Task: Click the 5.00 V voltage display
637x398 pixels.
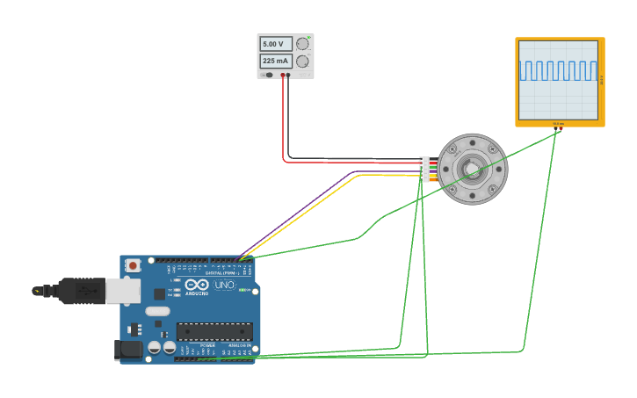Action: (275, 44)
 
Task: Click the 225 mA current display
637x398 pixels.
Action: (275, 62)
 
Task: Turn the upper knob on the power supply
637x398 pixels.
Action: (303, 44)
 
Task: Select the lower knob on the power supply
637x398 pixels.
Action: (303, 62)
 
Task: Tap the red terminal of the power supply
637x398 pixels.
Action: (283, 76)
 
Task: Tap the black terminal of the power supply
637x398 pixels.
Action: (288, 76)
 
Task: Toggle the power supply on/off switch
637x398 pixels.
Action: (267, 75)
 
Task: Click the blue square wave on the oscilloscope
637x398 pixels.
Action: (558, 70)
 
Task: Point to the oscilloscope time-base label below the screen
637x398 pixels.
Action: (559, 124)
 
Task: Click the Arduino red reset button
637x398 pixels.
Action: (133, 264)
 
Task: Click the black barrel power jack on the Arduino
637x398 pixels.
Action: (129, 350)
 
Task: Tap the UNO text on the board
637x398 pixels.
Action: (226, 285)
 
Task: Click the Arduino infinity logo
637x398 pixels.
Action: (197, 285)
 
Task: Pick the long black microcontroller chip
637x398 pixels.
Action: (214, 332)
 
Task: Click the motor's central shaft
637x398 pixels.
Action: (472, 169)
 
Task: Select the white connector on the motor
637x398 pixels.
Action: (424, 169)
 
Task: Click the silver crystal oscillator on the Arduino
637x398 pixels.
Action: (157, 311)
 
